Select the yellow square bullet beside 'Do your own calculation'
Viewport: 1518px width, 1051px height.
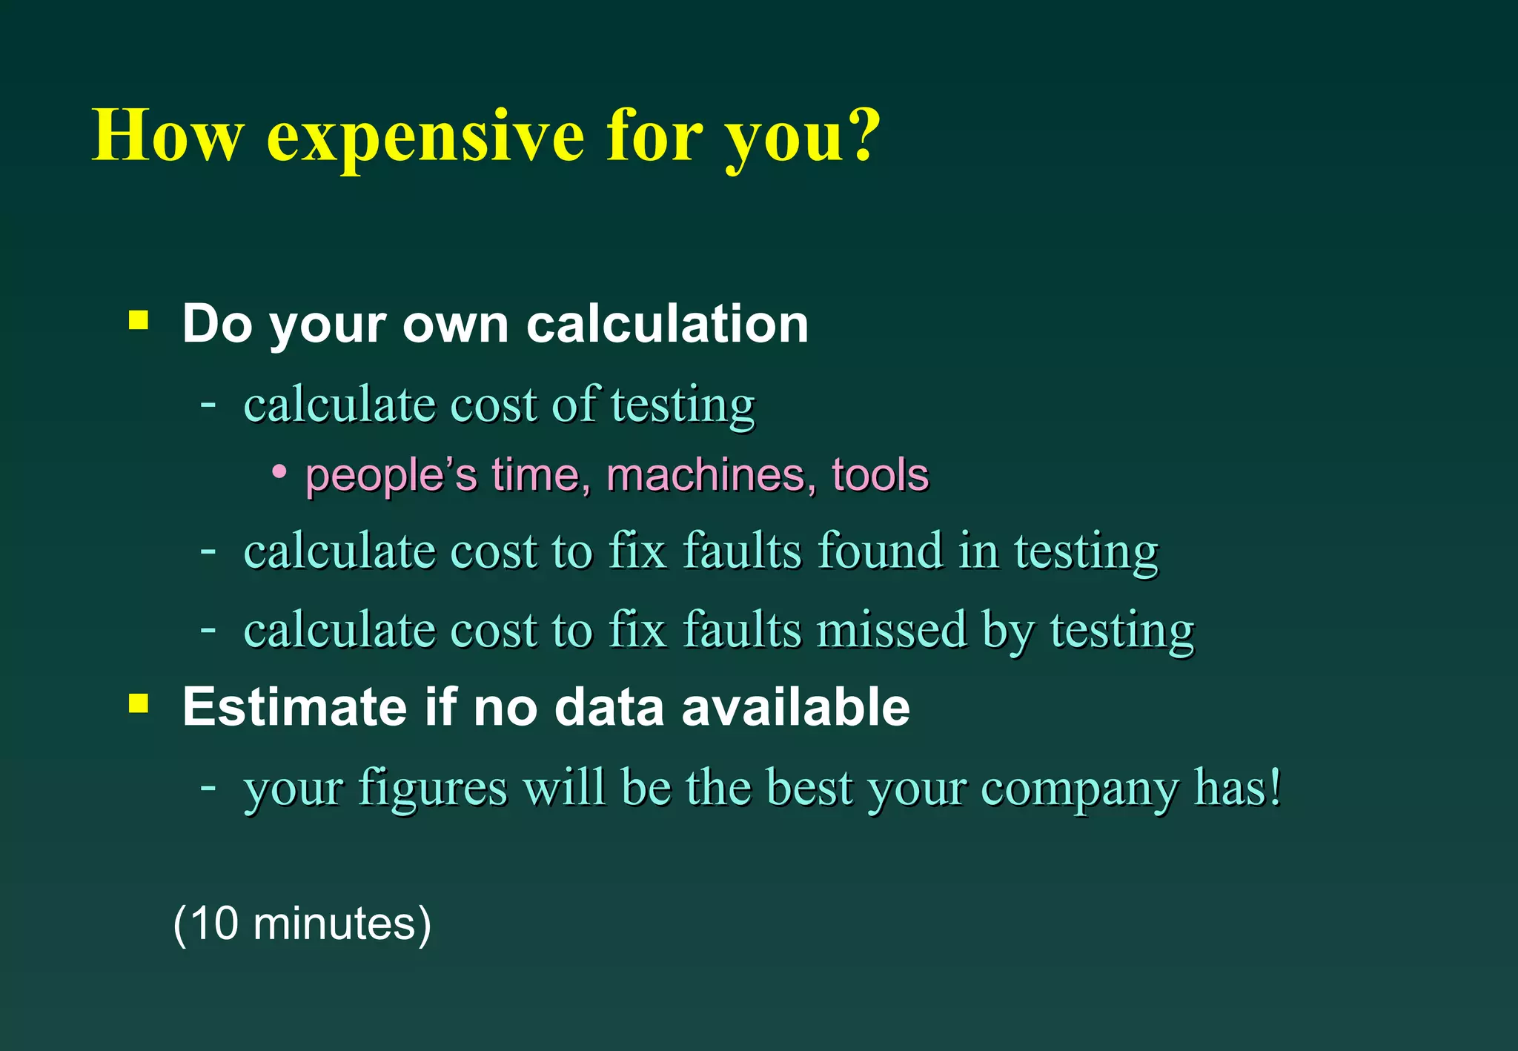tap(139, 320)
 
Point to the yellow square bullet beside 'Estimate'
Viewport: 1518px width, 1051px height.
tap(139, 703)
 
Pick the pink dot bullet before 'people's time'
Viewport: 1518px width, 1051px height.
tap(279, 471)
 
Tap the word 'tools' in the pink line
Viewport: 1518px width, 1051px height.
tap(880, 475)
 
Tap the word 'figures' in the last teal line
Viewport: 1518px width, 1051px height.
tap(433, 788)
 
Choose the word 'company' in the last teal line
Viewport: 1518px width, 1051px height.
tap(1078, 788)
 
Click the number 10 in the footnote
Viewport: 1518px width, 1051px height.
tap(214, 924)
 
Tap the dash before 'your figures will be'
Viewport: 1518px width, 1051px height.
tap(208, 786)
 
